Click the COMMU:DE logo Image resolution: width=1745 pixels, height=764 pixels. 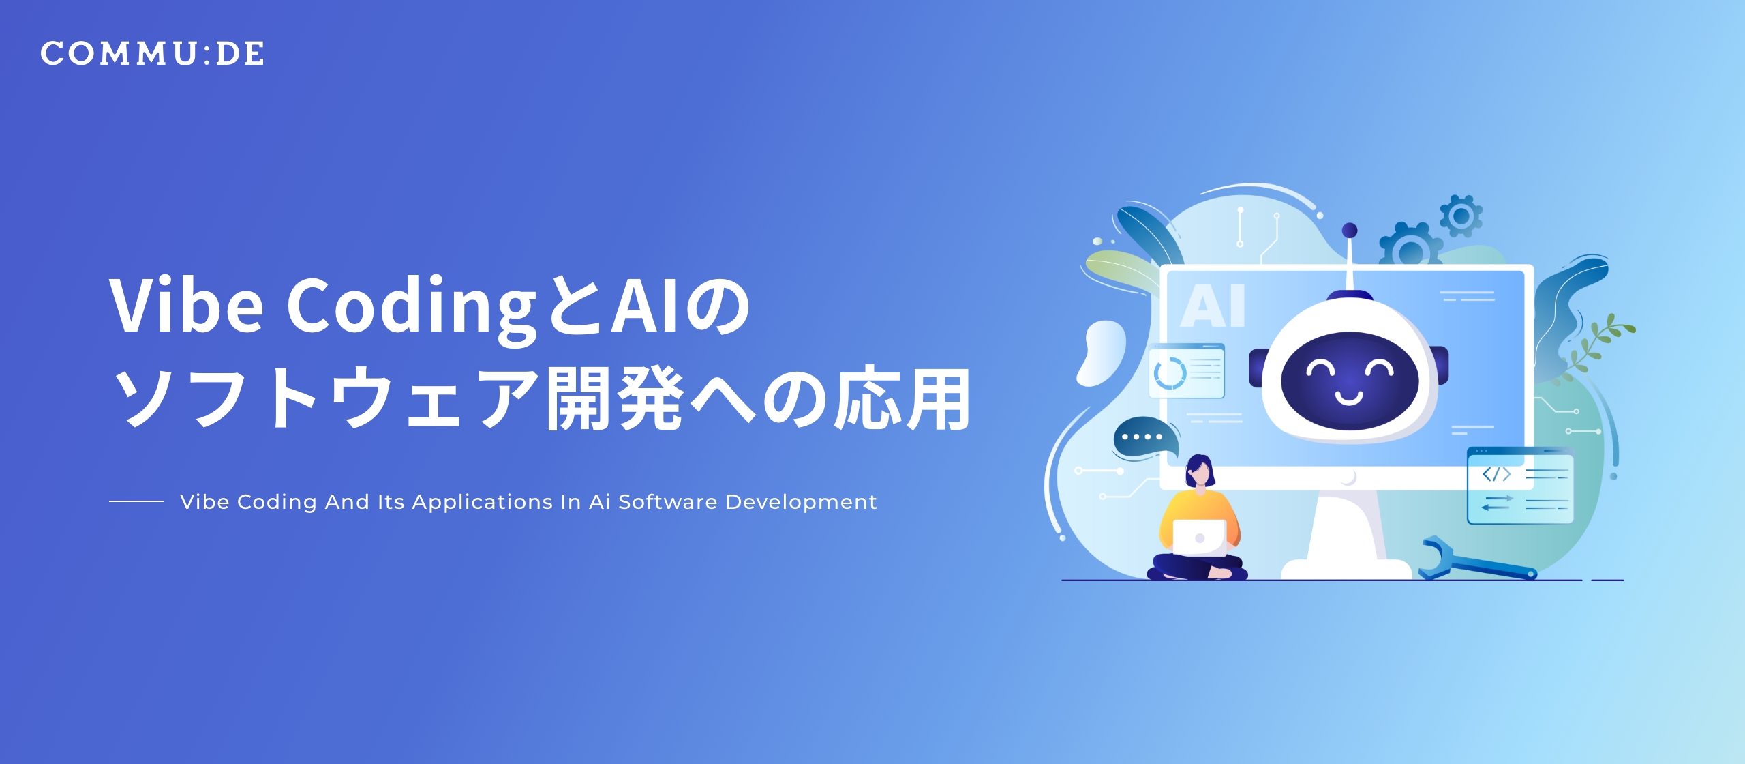tap(152, 54)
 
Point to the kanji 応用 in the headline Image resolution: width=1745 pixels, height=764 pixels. tap(903, 398)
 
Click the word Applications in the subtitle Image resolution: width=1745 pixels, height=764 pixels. tap(483, 502)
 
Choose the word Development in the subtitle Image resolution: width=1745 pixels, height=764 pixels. tap(801, 502)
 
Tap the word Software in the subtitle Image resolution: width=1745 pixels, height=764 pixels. tap(667, 502)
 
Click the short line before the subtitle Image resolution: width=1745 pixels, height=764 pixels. tap(136, 501)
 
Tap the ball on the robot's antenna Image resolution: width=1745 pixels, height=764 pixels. tap(1349, 231)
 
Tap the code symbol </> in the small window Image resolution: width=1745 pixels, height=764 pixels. tap(1496, 474)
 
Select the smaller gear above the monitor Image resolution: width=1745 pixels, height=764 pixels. tap(1460, 216)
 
